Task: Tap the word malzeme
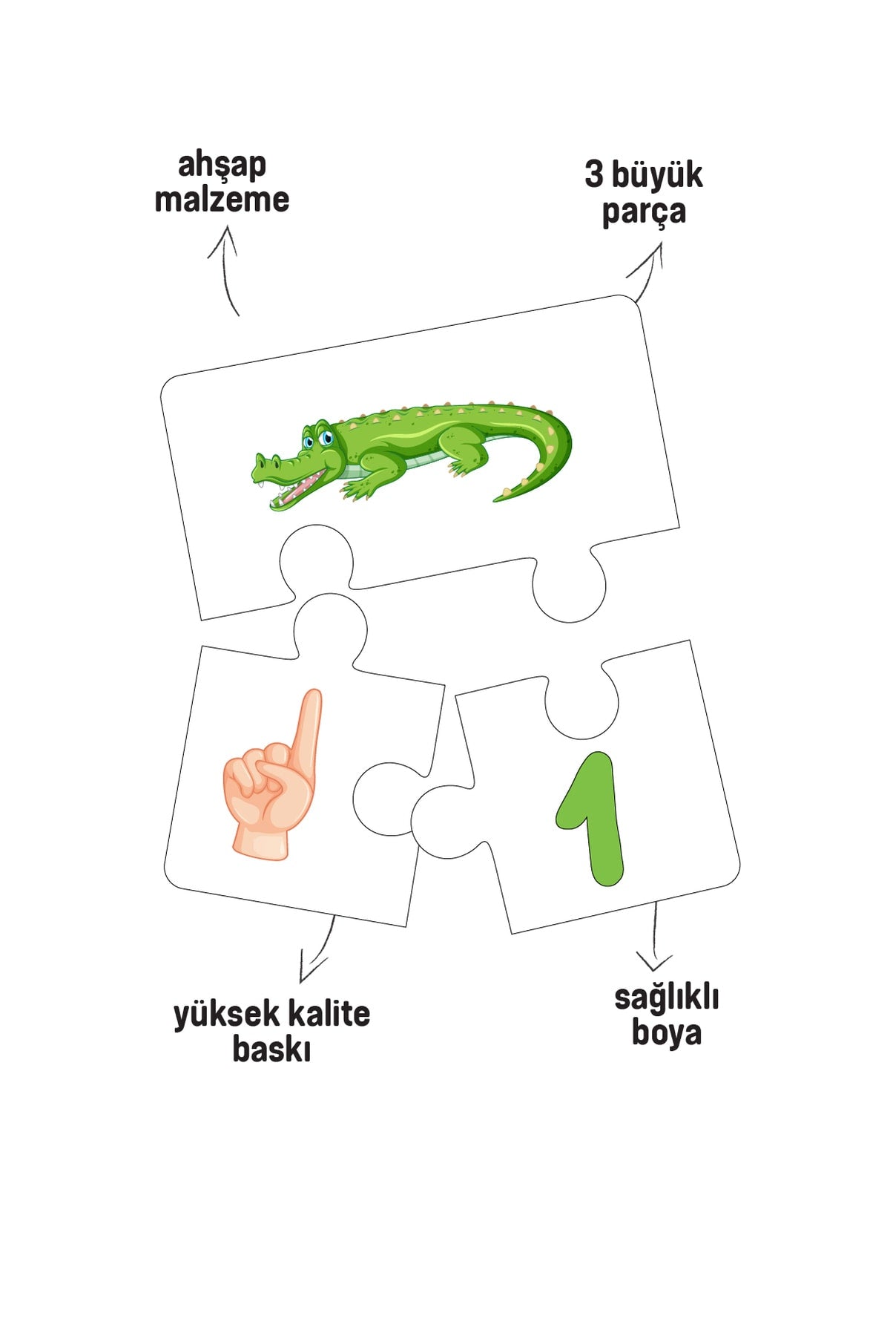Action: click(222, 200)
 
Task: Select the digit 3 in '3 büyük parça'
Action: click(594, 176)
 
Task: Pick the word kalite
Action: click(329, 1013)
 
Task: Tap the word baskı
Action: click(271, 1049)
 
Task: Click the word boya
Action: click(666, 1032)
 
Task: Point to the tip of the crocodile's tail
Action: click(495, 499)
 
